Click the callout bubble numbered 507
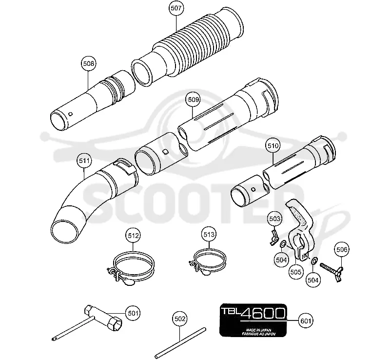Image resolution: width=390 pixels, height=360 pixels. coord(176,8)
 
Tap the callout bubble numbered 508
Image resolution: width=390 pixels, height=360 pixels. coord(89,63)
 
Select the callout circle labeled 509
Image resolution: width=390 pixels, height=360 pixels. coord(193,100)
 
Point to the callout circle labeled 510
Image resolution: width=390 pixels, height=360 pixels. coord(273,145)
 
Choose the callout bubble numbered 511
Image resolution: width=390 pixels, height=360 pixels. coord(84,160)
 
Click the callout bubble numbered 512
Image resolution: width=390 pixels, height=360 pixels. coord(133,235)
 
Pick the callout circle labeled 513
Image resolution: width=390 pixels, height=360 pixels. coord(209,234)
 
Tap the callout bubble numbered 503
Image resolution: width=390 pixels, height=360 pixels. coord(275,219)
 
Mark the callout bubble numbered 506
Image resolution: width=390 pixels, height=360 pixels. coord(342,249)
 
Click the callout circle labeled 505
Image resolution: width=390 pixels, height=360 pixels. coord(295,272)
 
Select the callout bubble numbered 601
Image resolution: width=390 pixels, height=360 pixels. coord(306,320)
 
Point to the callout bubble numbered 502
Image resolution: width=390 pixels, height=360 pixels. coord(180,319)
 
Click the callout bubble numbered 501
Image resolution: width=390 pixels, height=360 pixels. coord(133,313)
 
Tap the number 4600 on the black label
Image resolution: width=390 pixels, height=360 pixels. coord(263,314)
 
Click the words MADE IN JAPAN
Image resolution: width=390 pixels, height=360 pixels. coord(259,330)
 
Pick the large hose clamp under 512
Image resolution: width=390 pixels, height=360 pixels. coord(131,268)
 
